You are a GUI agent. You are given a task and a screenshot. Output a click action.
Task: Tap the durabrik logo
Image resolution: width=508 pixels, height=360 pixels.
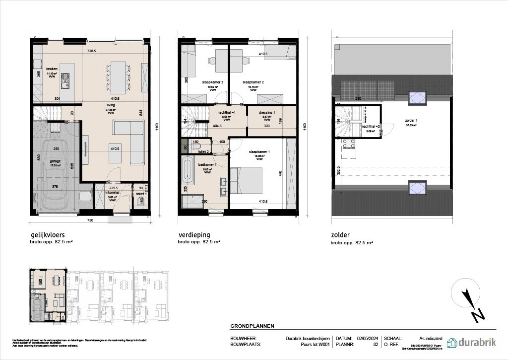[x=471, y=342]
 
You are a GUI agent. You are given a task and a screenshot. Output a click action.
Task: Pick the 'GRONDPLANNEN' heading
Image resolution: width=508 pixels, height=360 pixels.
[x=252, y=326]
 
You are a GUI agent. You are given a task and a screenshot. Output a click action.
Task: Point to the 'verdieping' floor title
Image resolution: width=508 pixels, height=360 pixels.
[x=194, y=235]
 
